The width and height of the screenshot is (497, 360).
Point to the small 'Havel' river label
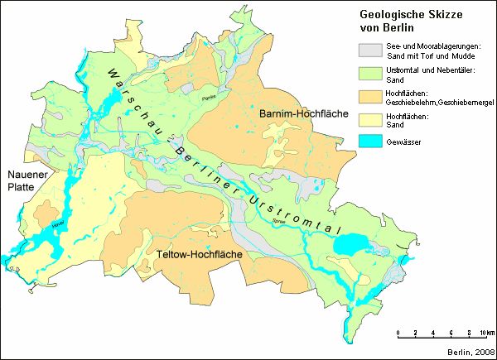pos(56,223)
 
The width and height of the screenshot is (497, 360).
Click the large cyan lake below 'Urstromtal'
pos(348,247)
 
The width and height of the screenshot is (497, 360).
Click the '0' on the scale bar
pos(399,333)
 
